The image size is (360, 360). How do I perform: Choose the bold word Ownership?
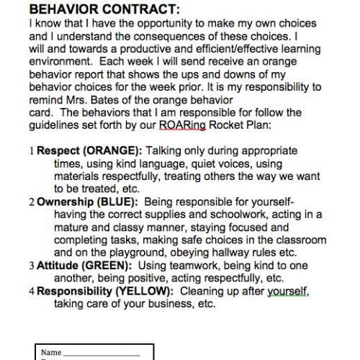[65, 202]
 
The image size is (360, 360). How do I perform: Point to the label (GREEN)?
[109, 266]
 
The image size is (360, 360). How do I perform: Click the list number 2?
[31, 202]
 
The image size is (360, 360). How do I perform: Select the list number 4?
[31, 292]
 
